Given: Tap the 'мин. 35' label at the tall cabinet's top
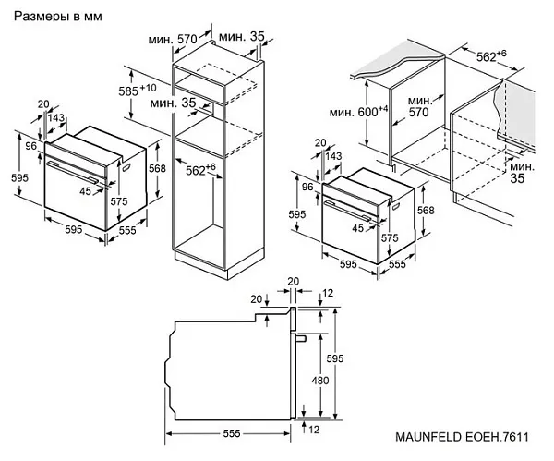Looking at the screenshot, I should tap(243, 37).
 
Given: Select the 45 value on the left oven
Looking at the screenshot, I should tap(86, 191).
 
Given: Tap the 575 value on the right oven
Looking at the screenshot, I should tap(391, 237).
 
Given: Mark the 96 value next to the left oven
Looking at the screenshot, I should tap(30, 145).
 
